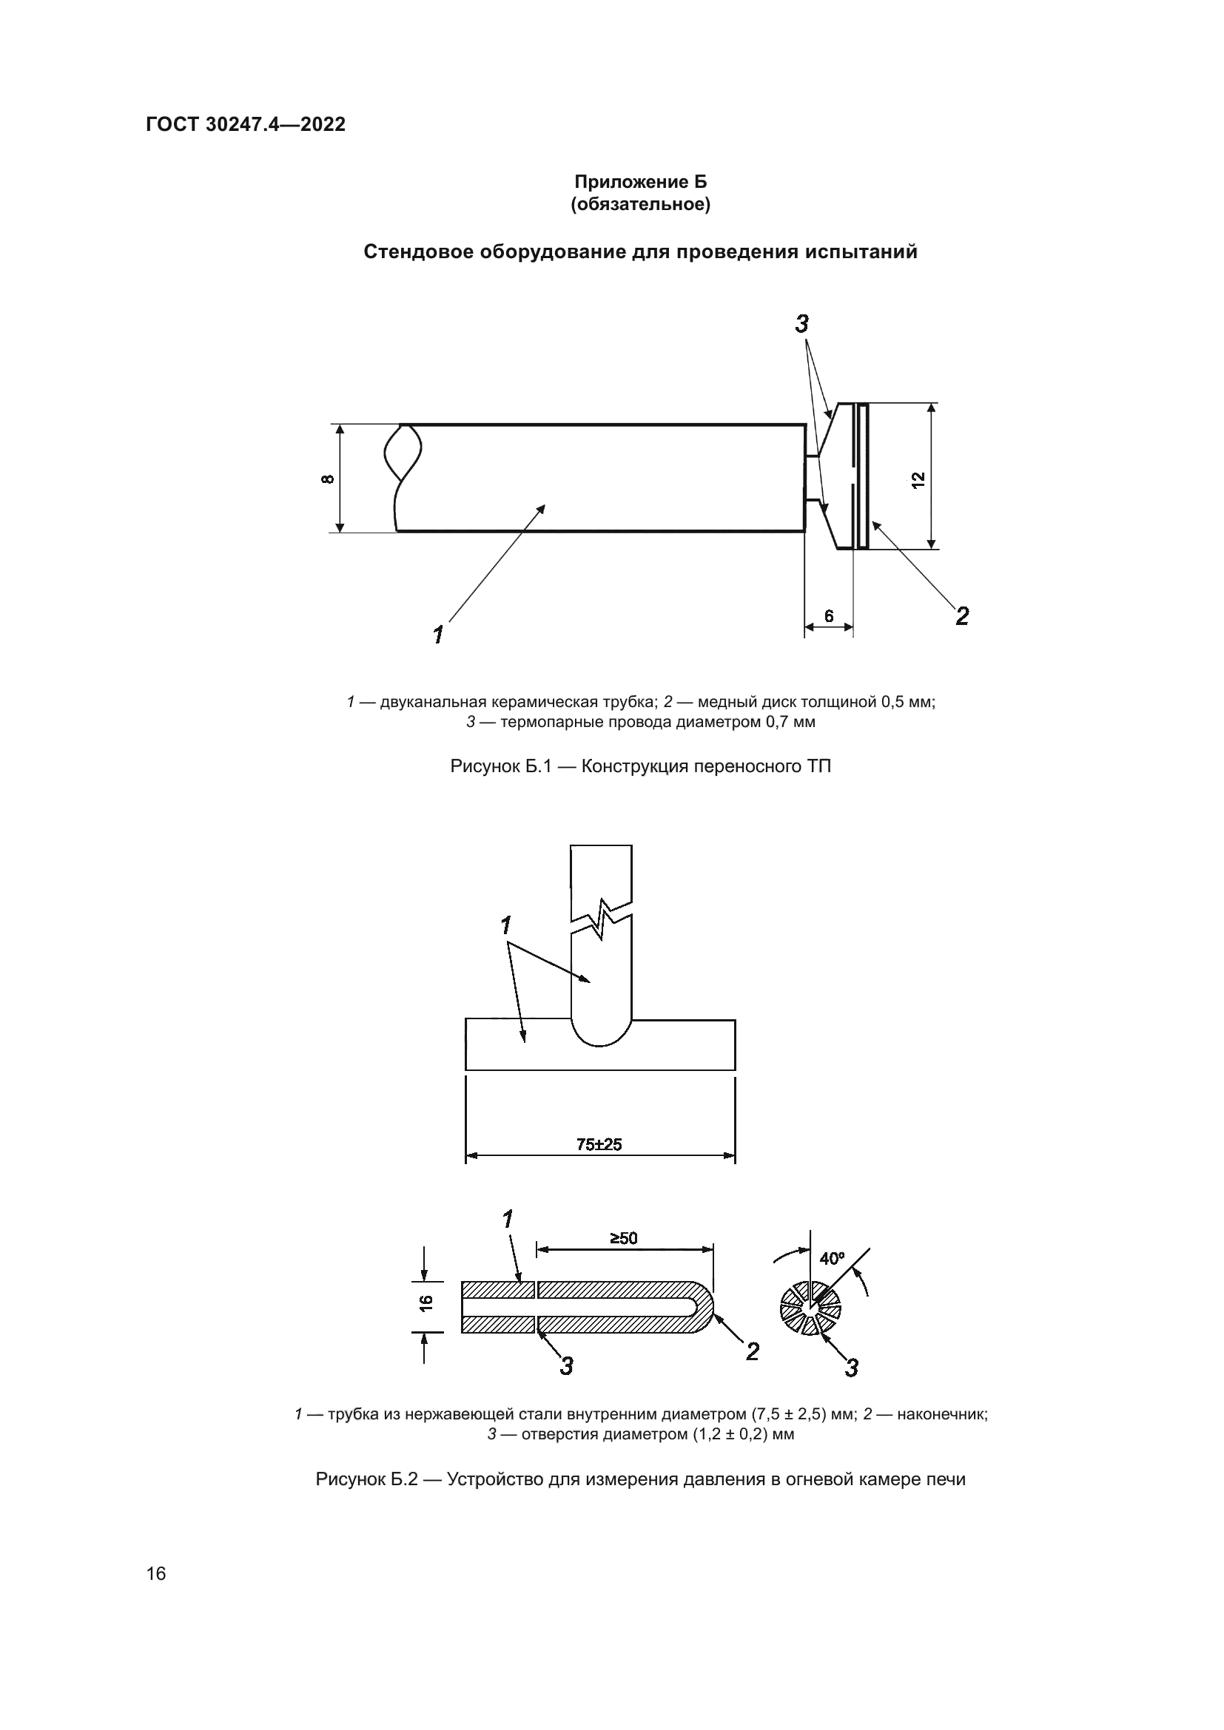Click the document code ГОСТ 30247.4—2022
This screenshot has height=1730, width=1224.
tap(246, 124)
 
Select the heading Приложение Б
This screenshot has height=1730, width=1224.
tap(641, 182)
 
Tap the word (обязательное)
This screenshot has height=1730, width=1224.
tap(641, 204)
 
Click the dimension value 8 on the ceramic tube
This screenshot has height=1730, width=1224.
tap(328, 479)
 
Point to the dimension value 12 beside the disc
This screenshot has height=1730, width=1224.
tap(917, 480)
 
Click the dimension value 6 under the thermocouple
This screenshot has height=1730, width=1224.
tap(828, 615)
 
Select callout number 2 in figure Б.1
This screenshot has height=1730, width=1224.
tap(962, 616)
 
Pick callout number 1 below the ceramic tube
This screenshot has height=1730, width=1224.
tap(438, 635)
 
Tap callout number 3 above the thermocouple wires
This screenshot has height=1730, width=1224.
tap(802, 325)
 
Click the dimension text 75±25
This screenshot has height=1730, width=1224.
tap(599, 1144)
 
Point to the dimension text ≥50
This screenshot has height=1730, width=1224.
tap(623, 1238)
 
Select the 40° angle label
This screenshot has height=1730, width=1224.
tap(832, 1258)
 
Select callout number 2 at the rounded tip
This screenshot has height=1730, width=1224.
tap(752, 1352)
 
